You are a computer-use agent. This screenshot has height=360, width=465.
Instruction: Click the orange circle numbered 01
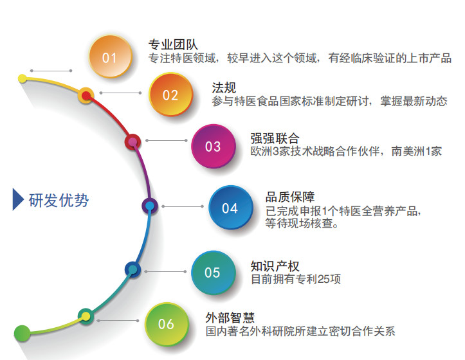tap(111, 57)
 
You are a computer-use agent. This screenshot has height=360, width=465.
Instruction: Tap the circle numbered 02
tap(171, 94)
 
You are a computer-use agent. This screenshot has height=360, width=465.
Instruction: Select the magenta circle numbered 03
tap(214, 146)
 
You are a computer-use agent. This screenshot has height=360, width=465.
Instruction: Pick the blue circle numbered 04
tap(230, 207)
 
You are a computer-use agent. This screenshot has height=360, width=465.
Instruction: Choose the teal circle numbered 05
tap(213, 273)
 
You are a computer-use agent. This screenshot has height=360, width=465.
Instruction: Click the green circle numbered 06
tap(167, 324)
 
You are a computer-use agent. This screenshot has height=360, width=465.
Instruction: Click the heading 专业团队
tap(173, 44)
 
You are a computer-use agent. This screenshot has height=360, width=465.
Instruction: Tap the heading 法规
tap(224, 88)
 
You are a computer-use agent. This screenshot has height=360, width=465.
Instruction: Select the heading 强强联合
tap(275, 138)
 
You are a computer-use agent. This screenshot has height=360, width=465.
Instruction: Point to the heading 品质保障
tap(289, 197)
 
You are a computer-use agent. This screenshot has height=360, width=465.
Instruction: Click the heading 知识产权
tap(275, 266)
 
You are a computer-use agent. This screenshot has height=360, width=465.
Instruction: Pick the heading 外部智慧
tap(230, 318)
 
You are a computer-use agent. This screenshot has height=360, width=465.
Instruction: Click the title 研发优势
tap(59, 200)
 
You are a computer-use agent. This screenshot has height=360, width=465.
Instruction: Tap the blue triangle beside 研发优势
tap(18, 199)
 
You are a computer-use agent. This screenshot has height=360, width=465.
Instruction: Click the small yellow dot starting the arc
tap(23, 78)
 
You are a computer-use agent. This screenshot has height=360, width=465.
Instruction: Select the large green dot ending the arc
tap(22, 333)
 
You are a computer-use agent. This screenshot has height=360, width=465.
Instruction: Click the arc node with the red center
tap(86, 96)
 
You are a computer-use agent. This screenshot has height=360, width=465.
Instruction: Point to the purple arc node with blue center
tap(150, 206)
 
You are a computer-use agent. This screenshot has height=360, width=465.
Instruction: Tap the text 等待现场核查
tap(302, 223)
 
